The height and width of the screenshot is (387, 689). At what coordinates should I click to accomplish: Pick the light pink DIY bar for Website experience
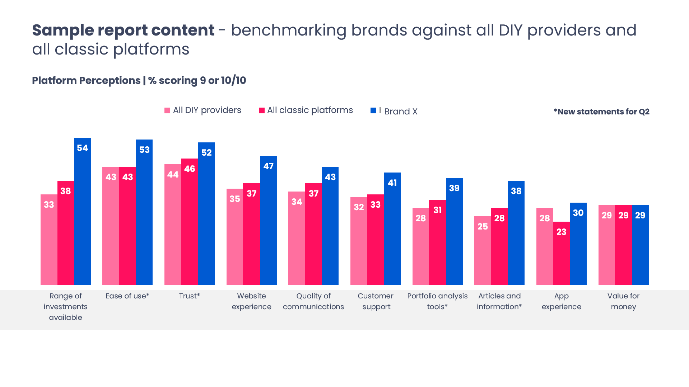(235, 236)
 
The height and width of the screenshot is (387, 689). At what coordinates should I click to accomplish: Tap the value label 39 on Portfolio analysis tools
(454, 188)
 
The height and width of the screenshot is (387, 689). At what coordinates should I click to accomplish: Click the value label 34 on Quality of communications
(297, 202)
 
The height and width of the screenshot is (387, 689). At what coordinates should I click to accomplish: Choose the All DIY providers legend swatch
(167, 110)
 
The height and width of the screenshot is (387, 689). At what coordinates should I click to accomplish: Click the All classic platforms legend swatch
(262, 110)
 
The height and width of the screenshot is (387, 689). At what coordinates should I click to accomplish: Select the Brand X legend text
(401, 112)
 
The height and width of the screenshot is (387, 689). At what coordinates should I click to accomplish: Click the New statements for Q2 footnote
(601, 112)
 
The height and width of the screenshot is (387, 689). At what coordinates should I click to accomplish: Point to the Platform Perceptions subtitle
(139, 80)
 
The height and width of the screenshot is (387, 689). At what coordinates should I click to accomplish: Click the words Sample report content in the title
(123, 30)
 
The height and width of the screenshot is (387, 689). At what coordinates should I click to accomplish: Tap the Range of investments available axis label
(66, 306)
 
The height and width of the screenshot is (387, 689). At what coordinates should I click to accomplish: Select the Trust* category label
(190, 296)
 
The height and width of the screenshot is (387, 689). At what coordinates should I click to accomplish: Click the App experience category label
(561, 301)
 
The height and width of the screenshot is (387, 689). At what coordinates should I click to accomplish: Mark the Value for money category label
(623, 301)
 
